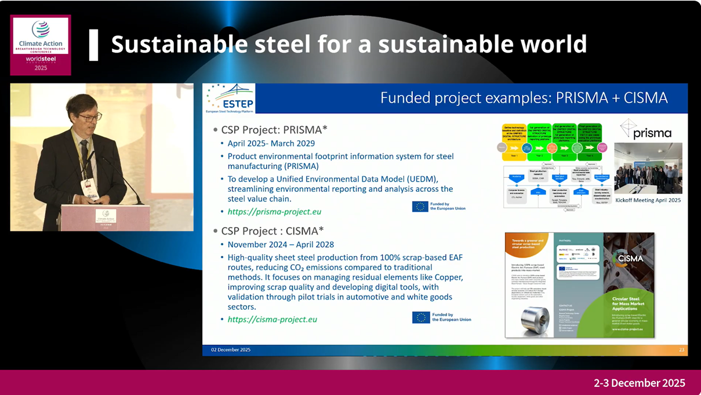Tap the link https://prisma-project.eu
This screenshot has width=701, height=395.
274,211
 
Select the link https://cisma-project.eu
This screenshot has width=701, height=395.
272,319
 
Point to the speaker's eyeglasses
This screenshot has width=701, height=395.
89,118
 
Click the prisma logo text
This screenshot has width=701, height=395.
652,133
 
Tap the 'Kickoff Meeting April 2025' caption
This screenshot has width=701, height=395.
648,200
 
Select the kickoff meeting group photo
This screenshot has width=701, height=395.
648,171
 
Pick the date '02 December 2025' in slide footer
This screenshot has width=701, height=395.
231,350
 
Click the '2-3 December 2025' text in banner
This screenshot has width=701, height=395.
639,383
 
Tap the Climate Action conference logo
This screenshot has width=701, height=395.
41,45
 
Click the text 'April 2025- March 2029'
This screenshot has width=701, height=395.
271,143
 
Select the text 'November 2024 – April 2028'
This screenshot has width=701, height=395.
281,244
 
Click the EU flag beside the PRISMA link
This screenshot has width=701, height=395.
420,206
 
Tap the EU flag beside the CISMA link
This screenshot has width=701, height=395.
421,317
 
